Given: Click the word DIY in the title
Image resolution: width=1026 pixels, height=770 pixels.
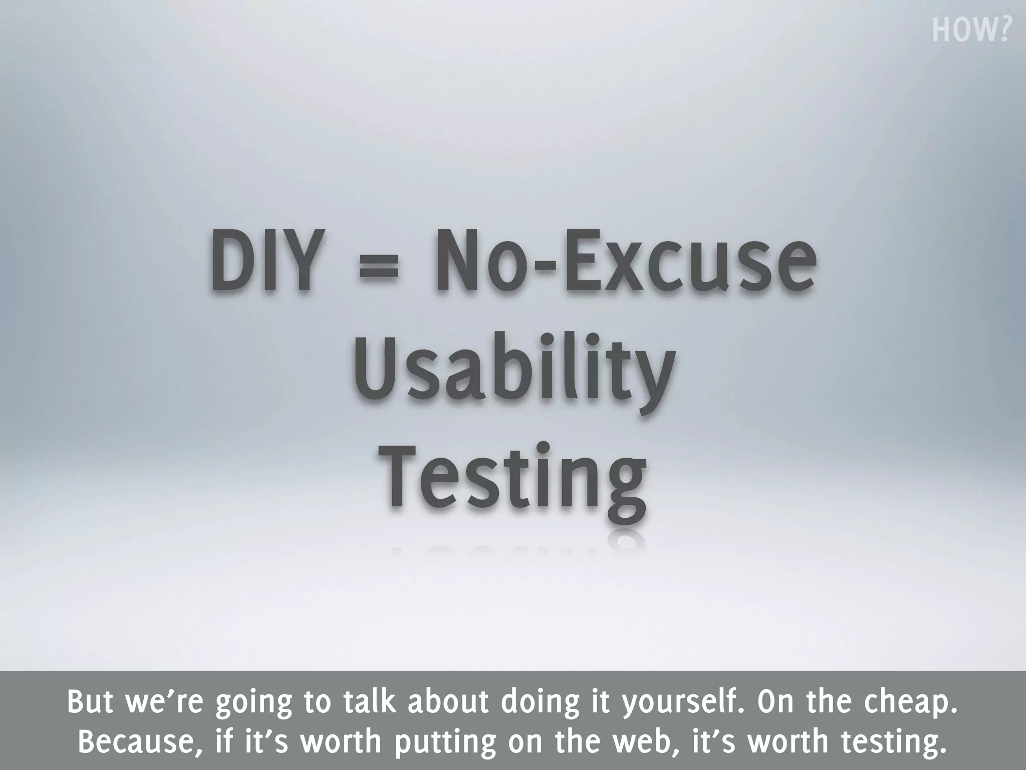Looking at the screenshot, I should tap(264, 261).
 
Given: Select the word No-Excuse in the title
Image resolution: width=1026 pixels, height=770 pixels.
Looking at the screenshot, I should tap(625, 261).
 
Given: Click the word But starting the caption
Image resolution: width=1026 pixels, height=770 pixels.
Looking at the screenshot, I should tap(89, 702).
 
